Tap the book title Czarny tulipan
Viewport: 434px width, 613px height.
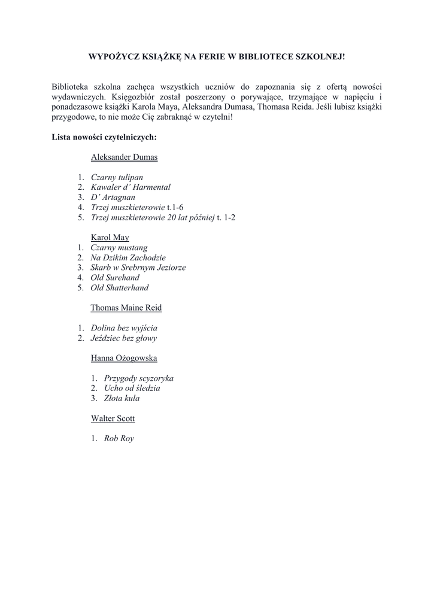[x=117, y=177]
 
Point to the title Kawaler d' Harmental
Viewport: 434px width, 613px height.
[x=130, y=187]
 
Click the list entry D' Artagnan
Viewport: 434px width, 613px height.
[x=113, y=197]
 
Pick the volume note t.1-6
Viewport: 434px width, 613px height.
[x=175, y=207]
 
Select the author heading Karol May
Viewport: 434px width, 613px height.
[x=110, y=237]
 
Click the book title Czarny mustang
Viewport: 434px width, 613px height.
[x=119, y=247]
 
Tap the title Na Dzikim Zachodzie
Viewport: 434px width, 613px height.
[x=128, y=257]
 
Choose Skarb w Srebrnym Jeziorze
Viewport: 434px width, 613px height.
[x=138, y=268]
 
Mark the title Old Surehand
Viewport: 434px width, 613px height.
[x=115, y=278]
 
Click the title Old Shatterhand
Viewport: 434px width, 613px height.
[x=120, y=288]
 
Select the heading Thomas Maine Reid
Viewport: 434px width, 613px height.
[x=126, y=308]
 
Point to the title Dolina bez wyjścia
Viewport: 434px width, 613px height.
[x=124, y=328]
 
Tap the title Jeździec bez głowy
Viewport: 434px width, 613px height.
[x=124, y=338]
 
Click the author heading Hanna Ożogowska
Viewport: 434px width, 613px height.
[x=124, y=358]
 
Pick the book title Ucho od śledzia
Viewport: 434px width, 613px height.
[x=132, y=388]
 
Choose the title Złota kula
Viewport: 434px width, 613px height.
[x=122, y=398]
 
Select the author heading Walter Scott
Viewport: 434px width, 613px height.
[x=113, y=418]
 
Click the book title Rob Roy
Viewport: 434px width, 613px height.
[x=119, y=438]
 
